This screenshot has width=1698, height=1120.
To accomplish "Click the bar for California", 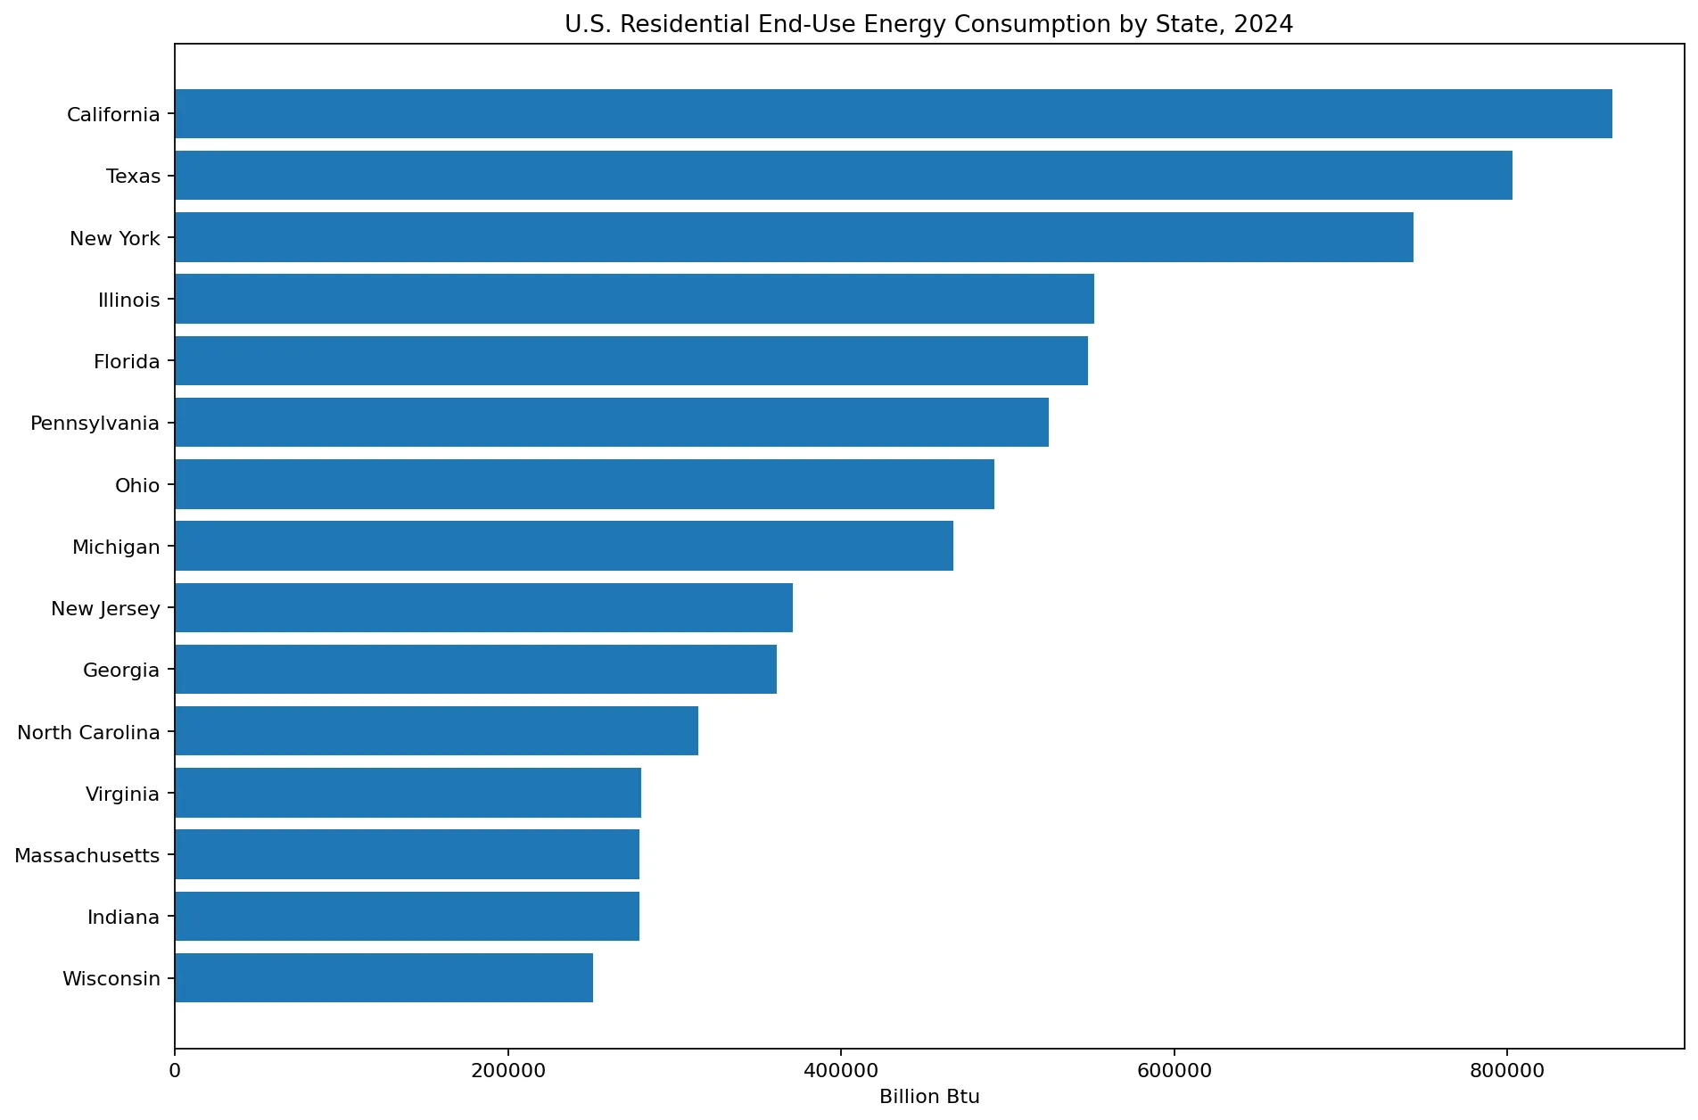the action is (x=894, y=113).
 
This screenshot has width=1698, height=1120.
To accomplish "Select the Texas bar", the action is (x=844, y=175).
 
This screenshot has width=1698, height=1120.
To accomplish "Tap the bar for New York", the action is (x=795, y=237).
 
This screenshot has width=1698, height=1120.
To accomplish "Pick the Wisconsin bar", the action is (x=384, y=977).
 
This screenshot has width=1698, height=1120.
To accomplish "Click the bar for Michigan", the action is (x=565, y=546).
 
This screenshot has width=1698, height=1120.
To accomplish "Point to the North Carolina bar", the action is (x=437, y=730).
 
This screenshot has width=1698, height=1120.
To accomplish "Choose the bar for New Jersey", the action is (x=484, y=607).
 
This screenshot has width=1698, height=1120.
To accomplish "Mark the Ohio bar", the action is (x=585, y=484).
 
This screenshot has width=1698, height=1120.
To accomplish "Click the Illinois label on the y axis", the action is (x=129, y=300).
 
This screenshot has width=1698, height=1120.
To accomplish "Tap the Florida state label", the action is (x=127, y=361).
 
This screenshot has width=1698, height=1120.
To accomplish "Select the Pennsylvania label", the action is (x=95, y=424).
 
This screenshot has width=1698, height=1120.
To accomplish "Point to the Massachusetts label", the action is (x=87, y=855).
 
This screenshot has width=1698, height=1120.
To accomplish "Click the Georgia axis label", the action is (x=121, y=670).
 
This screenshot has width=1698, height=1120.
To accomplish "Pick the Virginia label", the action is (x=123, y=794).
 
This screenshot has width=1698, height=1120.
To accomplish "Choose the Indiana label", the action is (x=124, y=917).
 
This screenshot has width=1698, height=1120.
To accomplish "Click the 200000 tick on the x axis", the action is (x=508, y=1070).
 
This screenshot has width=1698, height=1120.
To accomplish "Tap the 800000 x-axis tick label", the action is (x=1507, y=1070).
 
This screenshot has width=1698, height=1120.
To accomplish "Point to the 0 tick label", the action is (x=175, y=1070).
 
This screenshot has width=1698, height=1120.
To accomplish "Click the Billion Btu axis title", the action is (x=929, y=1097).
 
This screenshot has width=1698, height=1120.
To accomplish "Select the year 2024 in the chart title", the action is (x=1264, y=24).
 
